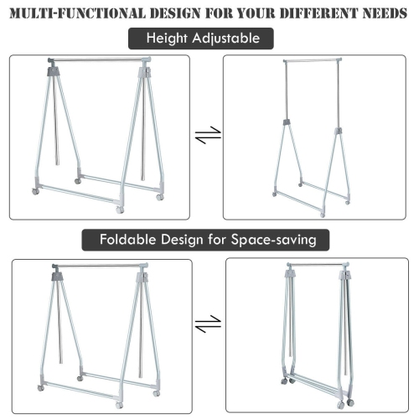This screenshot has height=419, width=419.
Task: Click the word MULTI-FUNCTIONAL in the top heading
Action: click(x=75, y=14)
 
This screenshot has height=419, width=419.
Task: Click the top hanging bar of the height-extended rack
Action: click(x=313, y=61)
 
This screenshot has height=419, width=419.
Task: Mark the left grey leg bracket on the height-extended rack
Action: click(x=285, y=124)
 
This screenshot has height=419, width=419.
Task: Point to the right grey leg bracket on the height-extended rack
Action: click(x=339, y=132)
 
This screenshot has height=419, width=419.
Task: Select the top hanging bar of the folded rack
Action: click(x=316, y=265)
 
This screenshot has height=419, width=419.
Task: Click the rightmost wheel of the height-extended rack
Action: click(x=346, y=202)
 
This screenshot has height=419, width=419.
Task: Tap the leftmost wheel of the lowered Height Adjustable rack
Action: click(x=35, y=192)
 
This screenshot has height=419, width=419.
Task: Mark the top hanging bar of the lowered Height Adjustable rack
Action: click(x=99, y=60)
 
